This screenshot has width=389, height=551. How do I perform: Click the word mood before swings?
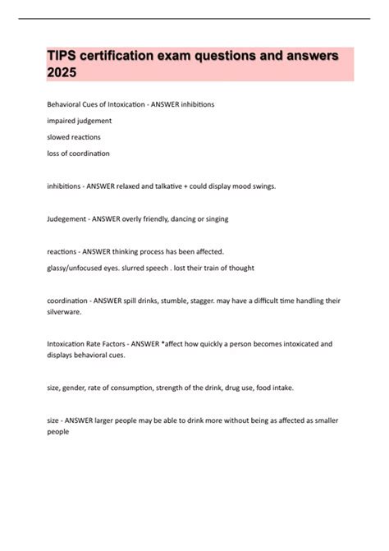pyautogui.click(x=247, y=186)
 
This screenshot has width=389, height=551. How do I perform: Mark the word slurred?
pyautogui.click(x=134, y=268)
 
